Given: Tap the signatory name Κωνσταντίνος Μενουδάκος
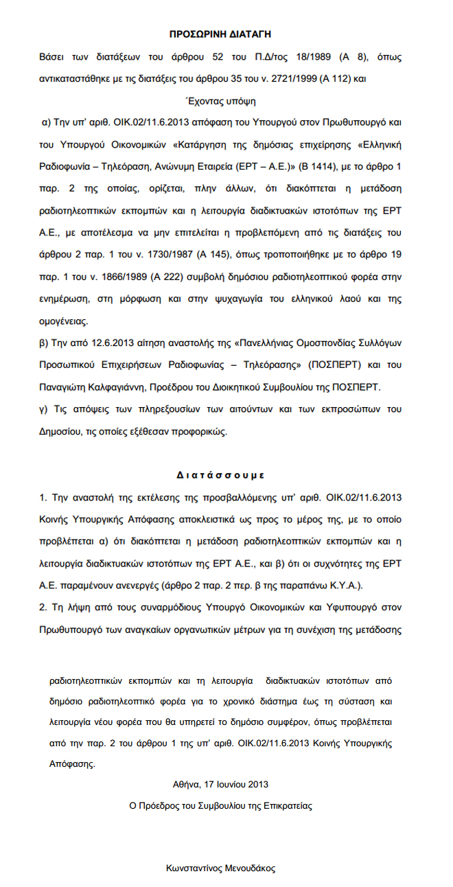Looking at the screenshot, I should click(220, 868).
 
